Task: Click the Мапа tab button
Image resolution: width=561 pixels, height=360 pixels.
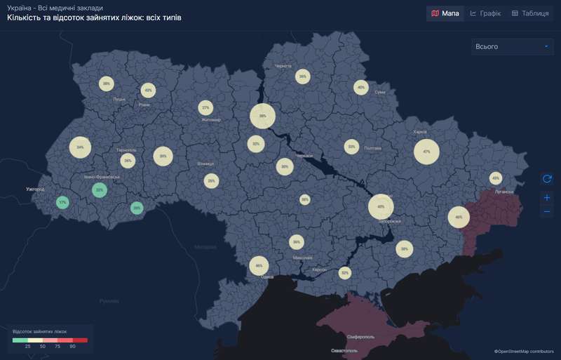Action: point(445,13)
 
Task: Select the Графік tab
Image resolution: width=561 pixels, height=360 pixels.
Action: point(485,13)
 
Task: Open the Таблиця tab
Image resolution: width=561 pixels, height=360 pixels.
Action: point(530,13)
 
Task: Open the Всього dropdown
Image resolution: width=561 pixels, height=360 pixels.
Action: point(513,47)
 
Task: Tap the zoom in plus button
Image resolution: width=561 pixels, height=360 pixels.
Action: point(547,198)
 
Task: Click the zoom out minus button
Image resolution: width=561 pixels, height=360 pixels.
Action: point(547,211)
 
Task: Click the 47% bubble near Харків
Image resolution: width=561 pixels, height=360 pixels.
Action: point(426,152)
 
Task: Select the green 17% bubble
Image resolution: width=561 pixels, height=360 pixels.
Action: point(62,202)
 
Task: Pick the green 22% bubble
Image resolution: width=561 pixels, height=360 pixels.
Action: point(100,190)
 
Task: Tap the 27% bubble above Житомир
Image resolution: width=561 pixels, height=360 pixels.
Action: point(205,108)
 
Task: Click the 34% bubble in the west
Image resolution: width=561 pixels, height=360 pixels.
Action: point(81,147)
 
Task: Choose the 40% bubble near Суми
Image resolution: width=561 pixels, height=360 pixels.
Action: point(361,88)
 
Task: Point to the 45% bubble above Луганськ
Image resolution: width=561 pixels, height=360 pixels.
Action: point(496,178)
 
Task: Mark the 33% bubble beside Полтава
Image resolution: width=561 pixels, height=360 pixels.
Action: point(351,147)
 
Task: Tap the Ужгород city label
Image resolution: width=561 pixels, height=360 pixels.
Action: point(35,189)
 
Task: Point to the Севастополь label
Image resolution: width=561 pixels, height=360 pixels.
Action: point(344,349)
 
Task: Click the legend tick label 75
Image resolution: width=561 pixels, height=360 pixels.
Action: point(58,347)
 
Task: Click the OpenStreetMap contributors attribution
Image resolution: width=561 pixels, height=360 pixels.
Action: point(524,351)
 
